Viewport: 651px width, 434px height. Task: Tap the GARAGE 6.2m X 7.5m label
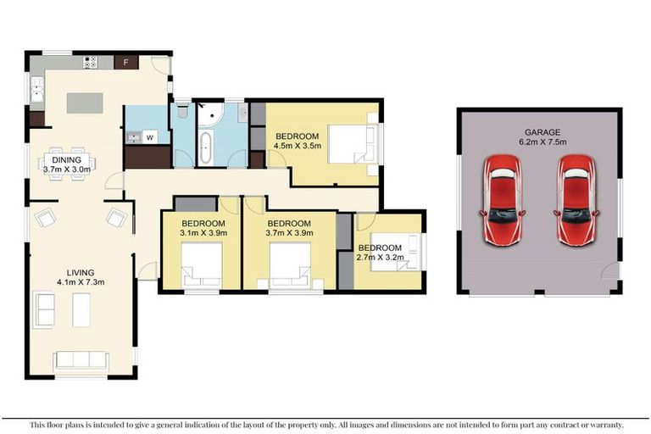point(538,136)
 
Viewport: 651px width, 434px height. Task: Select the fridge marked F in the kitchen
point(126,62)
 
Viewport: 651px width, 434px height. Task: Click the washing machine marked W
point(150,136)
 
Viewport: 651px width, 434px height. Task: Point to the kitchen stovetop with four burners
point(92,62)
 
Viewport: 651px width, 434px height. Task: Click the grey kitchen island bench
point(85,103)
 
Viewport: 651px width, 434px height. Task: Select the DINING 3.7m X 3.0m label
point(67,164)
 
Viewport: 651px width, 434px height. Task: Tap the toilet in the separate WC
point(182,109)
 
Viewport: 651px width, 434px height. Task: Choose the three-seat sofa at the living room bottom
point(81,359)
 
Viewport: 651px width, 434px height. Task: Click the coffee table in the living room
point(81,309)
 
